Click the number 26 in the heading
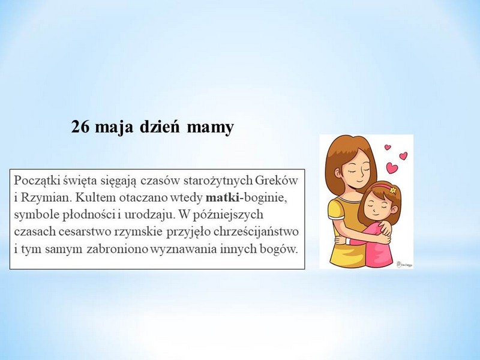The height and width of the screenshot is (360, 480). coord(80,127)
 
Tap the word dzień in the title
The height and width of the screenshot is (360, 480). coord(160,127)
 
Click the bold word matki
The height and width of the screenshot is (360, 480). coord(223,197)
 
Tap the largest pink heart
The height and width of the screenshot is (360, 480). coord(392,168)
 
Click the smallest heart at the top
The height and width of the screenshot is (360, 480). coord(388,147)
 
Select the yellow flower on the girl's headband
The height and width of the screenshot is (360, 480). coord(393,190)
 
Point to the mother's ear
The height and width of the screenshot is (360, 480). coord(337,173)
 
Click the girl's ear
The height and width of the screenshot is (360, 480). coord(394,209)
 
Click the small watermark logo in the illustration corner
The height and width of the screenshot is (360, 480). coord(404,264)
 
